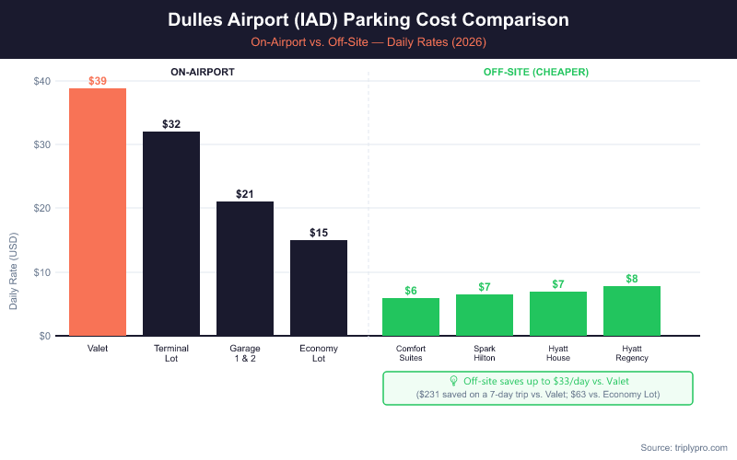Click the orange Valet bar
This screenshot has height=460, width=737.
coord(98,212)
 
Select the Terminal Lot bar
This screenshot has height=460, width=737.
coord(171,234)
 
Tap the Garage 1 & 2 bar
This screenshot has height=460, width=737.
coord(245,269)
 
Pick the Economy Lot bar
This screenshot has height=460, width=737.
coord(319,288)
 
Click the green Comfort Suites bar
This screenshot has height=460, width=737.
coord(411,316)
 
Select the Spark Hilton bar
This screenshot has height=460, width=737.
coord(485,315)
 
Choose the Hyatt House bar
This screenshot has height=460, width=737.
coord(558,314)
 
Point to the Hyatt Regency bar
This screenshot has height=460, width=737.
coord(632,311)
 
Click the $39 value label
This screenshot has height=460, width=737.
coord(98,81)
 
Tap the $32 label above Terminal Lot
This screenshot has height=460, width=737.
coord(171,124)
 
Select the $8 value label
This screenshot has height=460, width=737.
coord(632,279)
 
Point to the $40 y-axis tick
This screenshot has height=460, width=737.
coord(41,81)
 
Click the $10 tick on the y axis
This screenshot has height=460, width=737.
coord(41,272)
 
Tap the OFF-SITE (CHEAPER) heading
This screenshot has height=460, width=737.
coord(536,71)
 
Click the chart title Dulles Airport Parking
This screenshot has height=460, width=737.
coord(368,19)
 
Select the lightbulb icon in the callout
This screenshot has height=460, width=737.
coord(453,381)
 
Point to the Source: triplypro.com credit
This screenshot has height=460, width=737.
coord(683,447)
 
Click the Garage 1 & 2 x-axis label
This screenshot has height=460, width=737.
coord(245,353)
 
